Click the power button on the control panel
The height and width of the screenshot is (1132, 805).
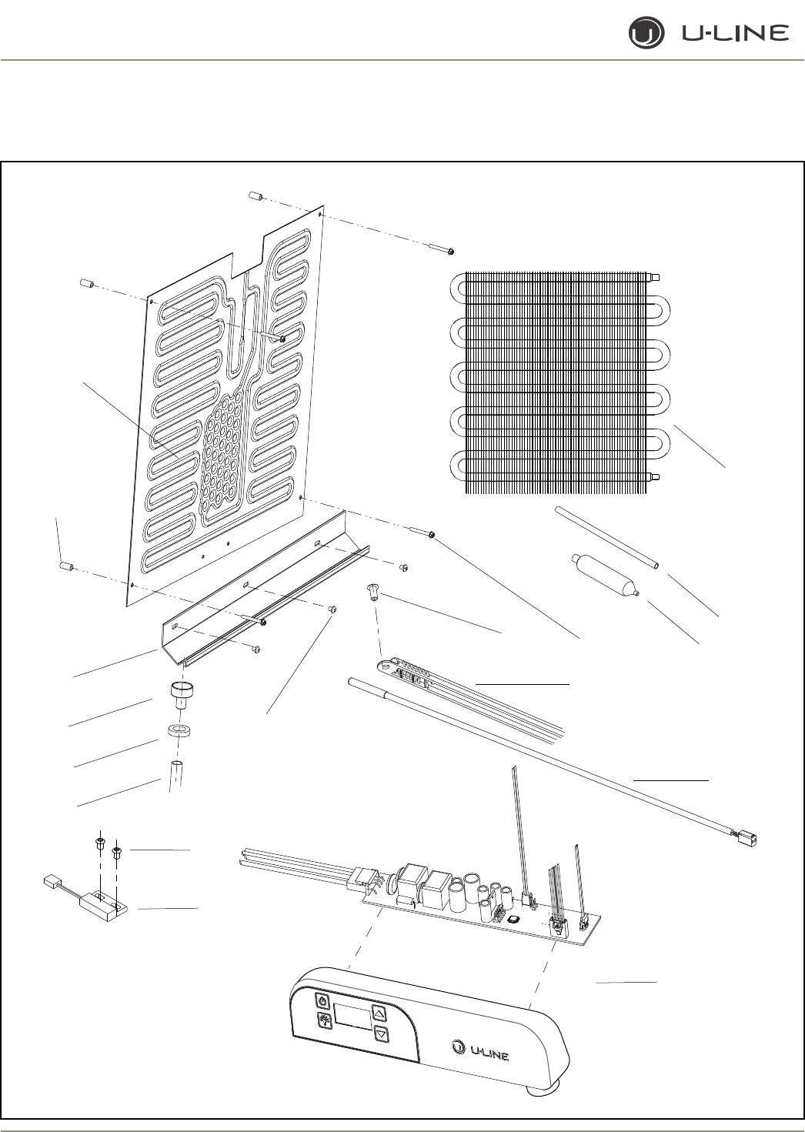(323, 1002)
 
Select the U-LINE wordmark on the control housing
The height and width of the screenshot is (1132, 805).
(479, 1050)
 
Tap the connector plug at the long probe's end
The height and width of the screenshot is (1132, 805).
(746, 836)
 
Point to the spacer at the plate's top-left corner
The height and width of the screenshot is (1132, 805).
(86, 284)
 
